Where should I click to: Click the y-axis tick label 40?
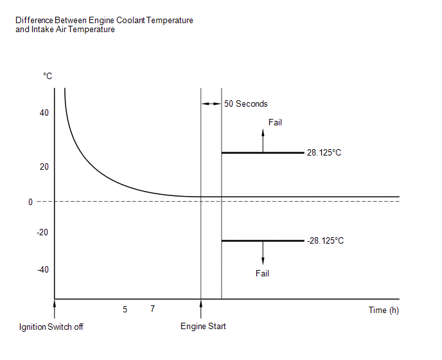(44, 113)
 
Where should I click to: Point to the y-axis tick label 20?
(44, 166)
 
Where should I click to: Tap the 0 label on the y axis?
(30, 202)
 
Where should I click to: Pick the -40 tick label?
(42, 269)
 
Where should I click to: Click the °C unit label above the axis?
(48, 76)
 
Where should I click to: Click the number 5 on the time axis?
(125, 309)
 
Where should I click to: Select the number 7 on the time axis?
(152, 309)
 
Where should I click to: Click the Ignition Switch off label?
(51, 327)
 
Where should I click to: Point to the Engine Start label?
(203, 326)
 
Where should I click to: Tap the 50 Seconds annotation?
(245, 104)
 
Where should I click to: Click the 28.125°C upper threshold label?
(324, 153)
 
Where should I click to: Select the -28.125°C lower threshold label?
(325, 241)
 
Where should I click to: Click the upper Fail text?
(274, 122)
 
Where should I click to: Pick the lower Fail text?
(262, 273)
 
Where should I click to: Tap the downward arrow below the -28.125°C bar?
(262, 254)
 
